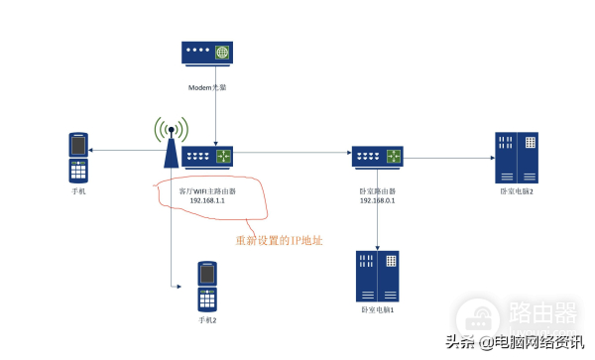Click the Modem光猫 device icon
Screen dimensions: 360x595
coord(208,55)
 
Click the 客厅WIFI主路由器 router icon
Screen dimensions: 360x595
coord(211,156)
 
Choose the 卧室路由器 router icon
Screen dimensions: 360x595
coord(378,156)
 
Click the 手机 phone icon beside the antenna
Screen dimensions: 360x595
coord(78,157)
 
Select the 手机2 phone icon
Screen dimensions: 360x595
coord(206,286)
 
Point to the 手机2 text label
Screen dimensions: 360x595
coord(206,321)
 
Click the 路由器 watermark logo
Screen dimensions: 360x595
coord(540,314)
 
